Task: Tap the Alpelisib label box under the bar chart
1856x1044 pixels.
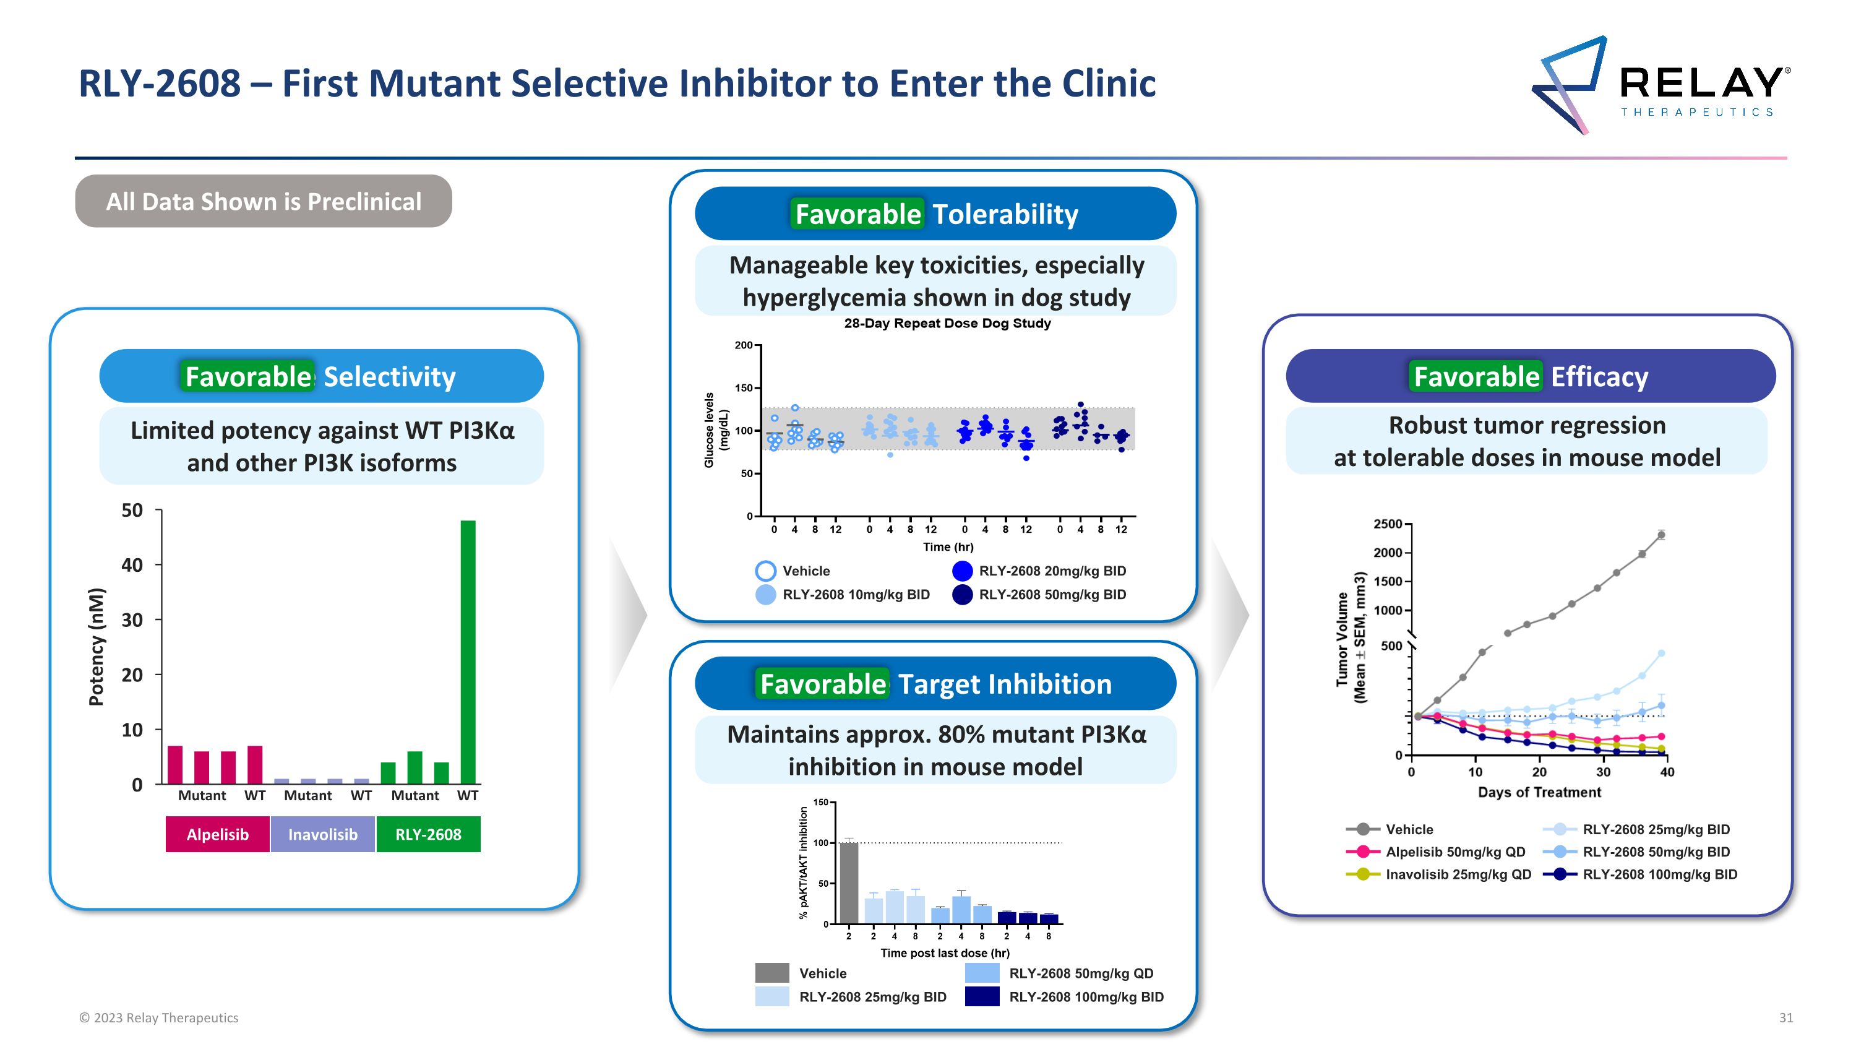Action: point(218,834)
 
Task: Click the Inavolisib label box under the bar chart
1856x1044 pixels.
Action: point(323,834)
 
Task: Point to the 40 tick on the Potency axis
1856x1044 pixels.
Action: point(132,565)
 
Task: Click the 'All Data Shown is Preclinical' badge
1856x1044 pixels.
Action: point(264,202)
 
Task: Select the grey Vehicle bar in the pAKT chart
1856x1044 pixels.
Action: point(849,882)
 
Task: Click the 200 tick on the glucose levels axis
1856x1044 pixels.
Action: point(743,345)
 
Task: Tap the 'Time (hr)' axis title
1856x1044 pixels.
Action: point(947,547)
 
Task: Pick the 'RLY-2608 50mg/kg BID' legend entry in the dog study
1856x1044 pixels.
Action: point(1051,595)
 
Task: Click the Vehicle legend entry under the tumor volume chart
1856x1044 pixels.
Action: point(1409,829)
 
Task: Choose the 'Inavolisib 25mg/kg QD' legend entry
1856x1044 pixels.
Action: point(1458,874)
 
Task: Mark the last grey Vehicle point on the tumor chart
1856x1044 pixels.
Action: point(1661,535)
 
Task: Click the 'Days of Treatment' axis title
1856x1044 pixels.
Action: point(1539,793)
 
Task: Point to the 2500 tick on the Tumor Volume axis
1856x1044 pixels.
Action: point(1387,524)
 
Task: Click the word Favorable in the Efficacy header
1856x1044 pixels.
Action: point(1476,377)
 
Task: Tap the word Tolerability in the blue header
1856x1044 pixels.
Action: point(1005,214)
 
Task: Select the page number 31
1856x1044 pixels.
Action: point(1785,1017)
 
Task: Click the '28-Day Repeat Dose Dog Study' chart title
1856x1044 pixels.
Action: point(947,324)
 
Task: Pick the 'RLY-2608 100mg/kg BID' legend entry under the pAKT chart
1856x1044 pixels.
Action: point(1085,997)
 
